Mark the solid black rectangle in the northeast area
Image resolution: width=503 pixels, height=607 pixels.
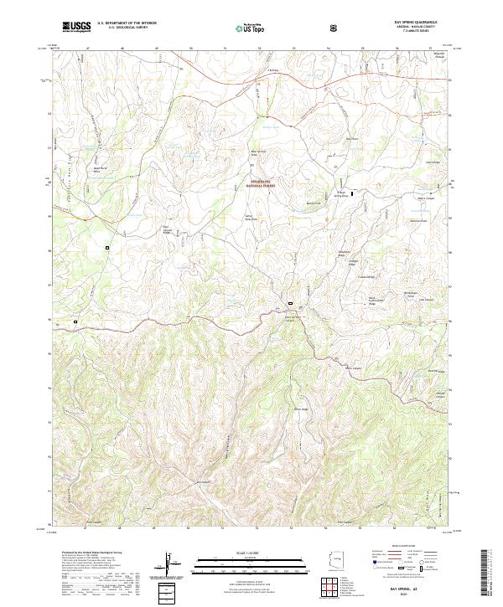pos(352,193)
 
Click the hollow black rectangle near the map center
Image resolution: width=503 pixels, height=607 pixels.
pos(290,303)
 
